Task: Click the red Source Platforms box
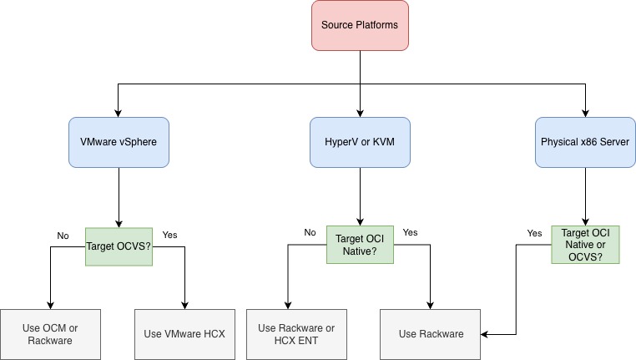[359, 25]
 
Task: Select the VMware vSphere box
[118, 142]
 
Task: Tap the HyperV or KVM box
[359, 142]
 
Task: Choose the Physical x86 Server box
[585, 142]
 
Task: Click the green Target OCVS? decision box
[119, 246]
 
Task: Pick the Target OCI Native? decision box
[359, 244]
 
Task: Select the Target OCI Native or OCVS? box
[585, 244]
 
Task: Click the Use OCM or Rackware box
[50, 334]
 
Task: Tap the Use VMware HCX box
[184, 334]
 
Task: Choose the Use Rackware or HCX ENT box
[296, 334]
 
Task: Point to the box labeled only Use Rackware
[430, 334]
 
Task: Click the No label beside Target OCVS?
[63, 236]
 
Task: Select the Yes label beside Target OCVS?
[169, 236]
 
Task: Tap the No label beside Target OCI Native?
[310, 232]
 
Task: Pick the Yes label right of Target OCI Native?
[411, 232]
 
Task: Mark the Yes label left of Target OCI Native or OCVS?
[533, 233]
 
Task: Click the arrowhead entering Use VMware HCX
[184, 305]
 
